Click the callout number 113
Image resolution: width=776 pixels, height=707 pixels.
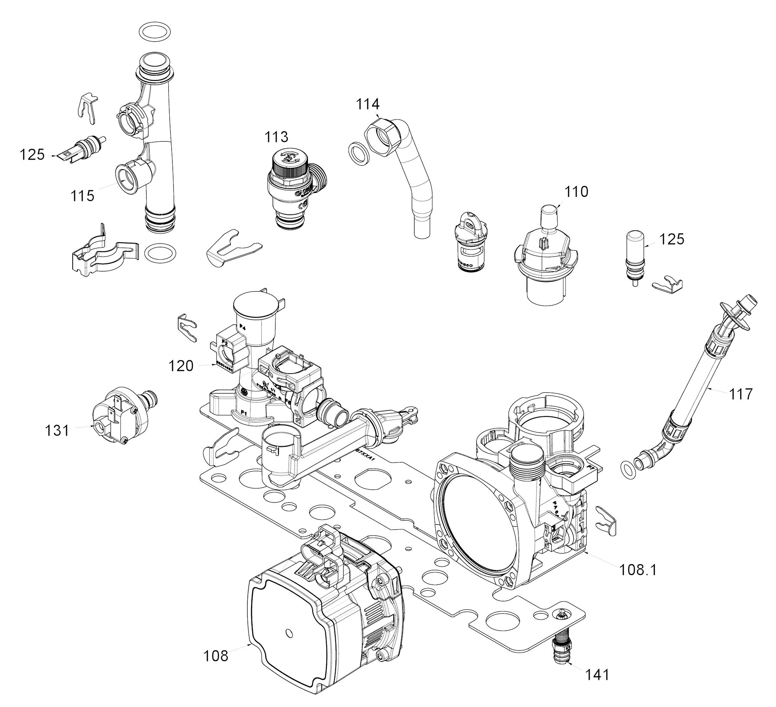276,137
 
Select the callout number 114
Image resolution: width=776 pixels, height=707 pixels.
367,104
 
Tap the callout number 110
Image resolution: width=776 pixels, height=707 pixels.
576,191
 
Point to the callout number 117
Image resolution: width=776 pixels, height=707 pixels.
741,394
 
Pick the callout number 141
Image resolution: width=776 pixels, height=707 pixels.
597,674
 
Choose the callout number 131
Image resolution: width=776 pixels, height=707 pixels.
57,430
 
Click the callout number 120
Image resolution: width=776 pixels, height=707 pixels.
181,366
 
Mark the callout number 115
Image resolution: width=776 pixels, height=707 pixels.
82,196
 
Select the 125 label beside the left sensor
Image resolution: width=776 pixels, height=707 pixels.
32,155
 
